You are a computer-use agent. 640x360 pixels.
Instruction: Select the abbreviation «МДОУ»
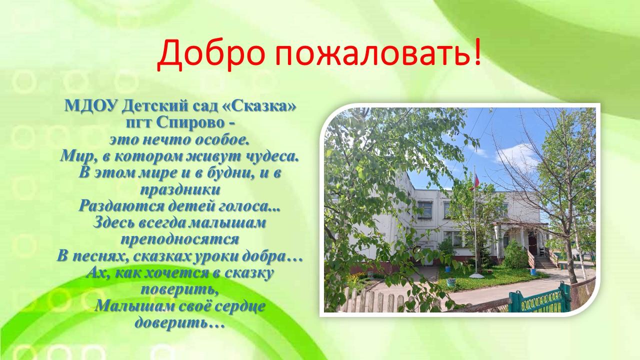pyautogui.click(x=92, y=106)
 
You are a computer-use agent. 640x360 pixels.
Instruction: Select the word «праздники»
pyautogui.click(x=180, y=190)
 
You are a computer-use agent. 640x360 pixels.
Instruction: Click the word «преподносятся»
pyautogui.click(x=180, y=239)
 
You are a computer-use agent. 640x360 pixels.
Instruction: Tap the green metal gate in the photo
pyautogui.click(x=540, y=299)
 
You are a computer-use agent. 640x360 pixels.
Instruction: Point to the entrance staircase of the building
pyautogui.click(x=544, y=262)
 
